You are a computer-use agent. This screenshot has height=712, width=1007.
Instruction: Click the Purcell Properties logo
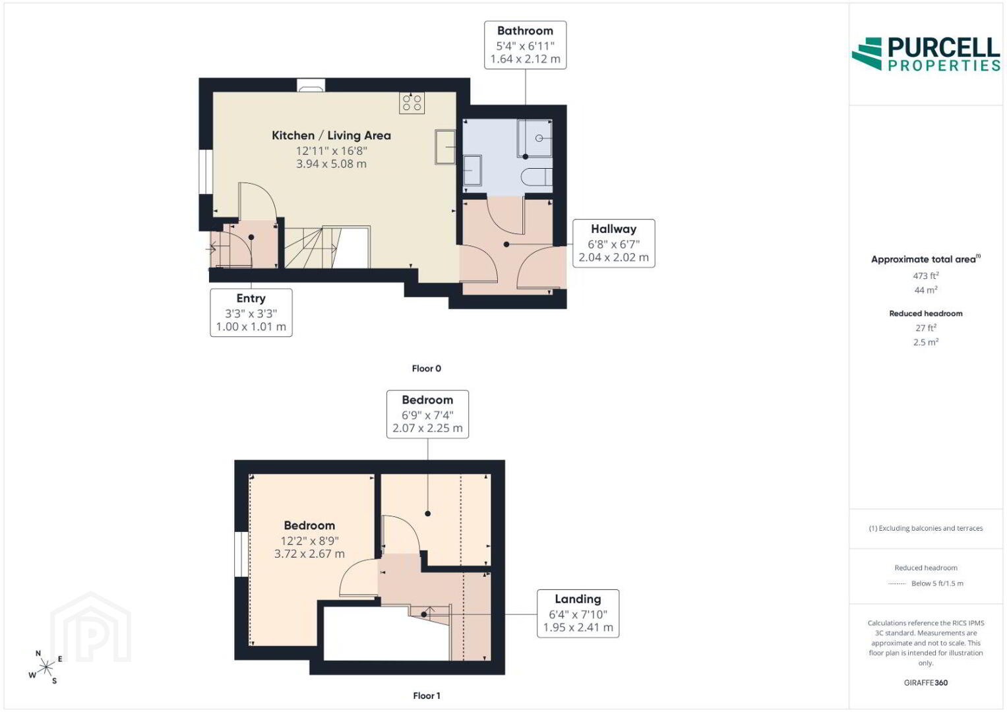tap(926, 54)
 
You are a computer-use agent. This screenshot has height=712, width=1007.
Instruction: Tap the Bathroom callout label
tap(525, 45)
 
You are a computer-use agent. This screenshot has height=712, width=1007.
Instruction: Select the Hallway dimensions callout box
tap(614, 243)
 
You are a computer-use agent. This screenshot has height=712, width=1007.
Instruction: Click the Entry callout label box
tap(251, 312)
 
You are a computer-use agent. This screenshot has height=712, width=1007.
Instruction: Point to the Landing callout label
tap(578, 613)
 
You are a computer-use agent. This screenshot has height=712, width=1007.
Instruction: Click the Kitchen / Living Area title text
tap(331, 135)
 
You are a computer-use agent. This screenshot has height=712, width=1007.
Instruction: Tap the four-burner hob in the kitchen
tap(412, 102)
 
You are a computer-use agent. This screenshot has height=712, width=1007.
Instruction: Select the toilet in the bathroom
tap(537, 177)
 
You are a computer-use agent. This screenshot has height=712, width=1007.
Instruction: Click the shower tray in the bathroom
tap(535, 138)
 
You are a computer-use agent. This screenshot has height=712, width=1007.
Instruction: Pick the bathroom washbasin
tap(472, 170)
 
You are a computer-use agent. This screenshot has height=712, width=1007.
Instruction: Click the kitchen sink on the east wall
tap(445, 146)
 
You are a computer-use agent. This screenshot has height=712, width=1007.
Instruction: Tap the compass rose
tap(46, 668)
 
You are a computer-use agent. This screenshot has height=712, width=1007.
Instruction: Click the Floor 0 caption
tap(426, 369)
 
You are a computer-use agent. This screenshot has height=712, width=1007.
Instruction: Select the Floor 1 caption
tap(426, 696)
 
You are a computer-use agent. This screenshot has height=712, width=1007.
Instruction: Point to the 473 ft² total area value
tap(926, 276)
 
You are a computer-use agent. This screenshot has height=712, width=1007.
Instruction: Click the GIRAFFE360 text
tap(926, 683)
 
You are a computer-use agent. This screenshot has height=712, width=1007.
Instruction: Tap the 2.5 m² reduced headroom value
tap(926, 342)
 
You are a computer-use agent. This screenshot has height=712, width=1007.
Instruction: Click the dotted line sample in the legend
tap(897, 583)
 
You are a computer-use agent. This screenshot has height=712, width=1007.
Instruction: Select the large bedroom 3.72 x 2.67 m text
tap(309, 554)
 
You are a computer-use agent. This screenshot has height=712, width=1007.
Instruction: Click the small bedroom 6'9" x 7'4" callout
tap(427, 415)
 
